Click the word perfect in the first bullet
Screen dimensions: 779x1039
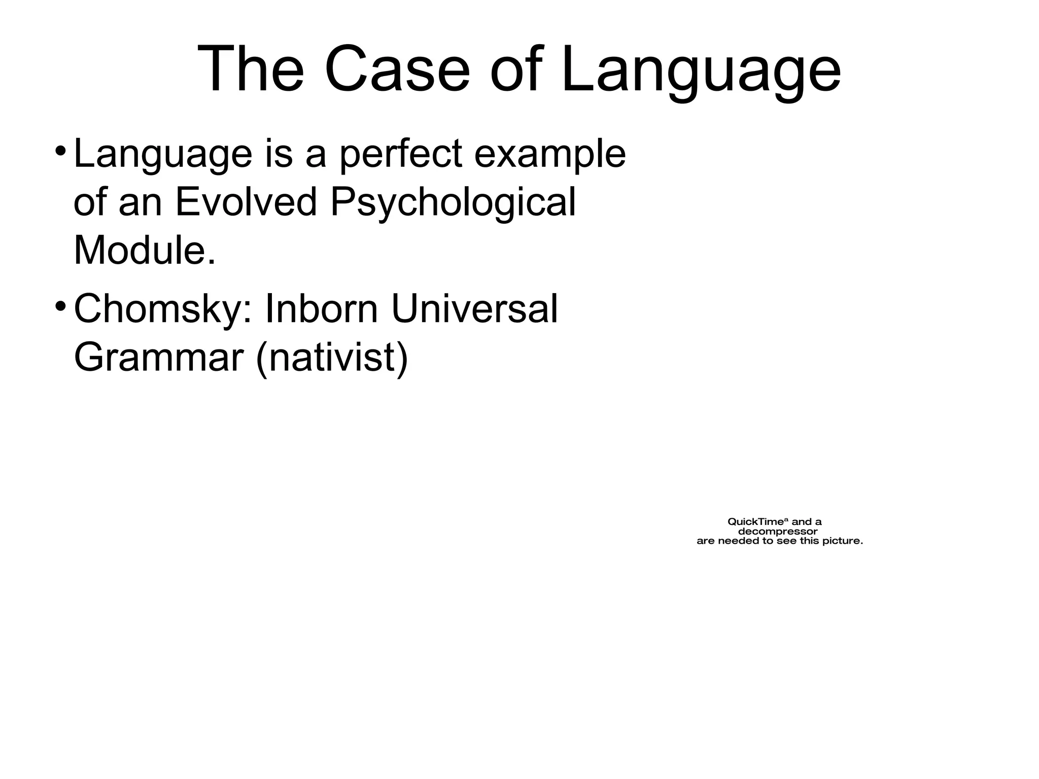400,154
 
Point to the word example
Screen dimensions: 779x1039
550,154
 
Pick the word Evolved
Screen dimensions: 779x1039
246,202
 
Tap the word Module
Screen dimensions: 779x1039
145,251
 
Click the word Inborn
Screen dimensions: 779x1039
321,309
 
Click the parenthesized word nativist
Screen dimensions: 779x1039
332,359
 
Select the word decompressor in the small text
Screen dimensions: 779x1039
777,531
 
